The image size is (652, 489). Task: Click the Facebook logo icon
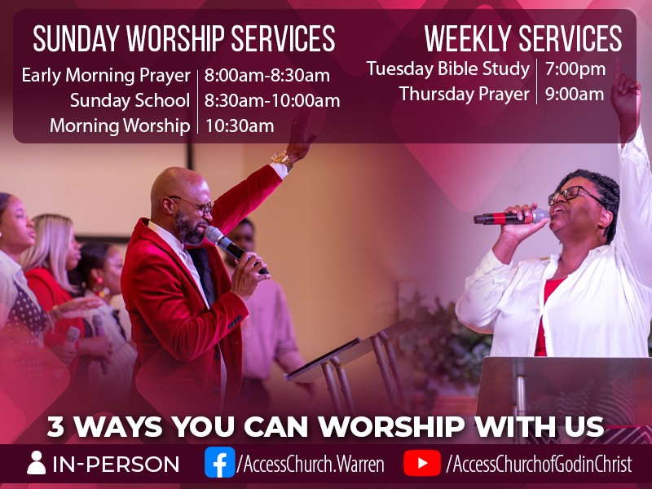coord(219,462)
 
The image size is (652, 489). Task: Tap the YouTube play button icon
coord(422,462)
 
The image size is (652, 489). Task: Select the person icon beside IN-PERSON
coord(36,462)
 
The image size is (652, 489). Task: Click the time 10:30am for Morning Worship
coord(240,126)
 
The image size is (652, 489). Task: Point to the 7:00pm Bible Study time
coord(575,68)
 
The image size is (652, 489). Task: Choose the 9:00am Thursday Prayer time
coord(575,94)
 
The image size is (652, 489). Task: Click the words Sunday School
coord(130,100)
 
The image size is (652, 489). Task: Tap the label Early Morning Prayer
coord(106,75)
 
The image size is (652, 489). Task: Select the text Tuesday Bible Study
coord(447,68)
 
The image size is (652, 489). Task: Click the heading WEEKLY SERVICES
coord(523,38)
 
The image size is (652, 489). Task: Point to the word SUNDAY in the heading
coord(76,38)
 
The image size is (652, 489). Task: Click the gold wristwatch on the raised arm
coord(283,160)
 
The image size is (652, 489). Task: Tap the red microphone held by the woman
coord(512,217)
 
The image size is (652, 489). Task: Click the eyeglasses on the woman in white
coord(572,196)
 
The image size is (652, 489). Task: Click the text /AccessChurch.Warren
coord(311,464)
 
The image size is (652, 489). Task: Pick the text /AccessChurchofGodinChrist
coord(539,464)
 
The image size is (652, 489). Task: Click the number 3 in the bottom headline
coord(55,426)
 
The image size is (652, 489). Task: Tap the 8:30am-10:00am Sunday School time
coord(272,100)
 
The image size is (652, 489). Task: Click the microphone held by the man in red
coord(234,249)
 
